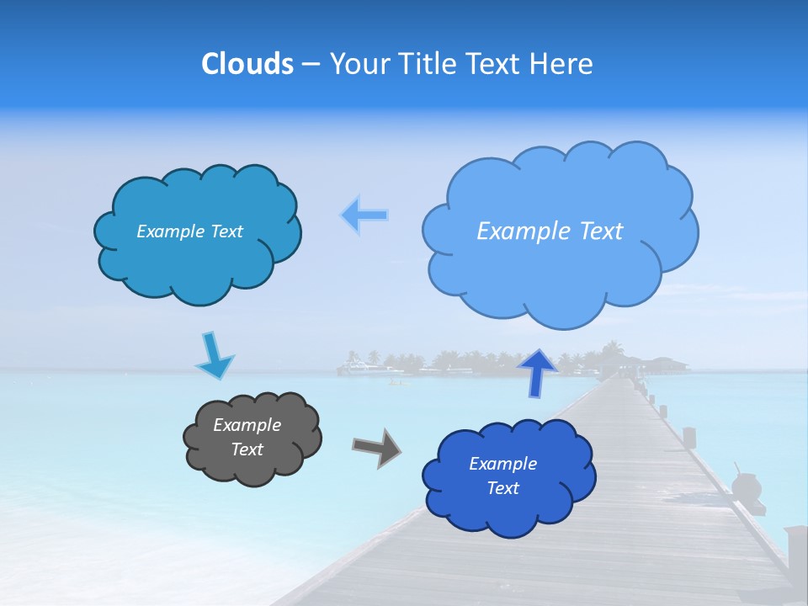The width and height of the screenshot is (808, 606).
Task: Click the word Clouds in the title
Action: coord(247,64)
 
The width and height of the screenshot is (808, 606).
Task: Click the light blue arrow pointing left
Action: coord(364,215)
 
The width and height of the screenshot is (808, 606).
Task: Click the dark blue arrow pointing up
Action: coord(538,372)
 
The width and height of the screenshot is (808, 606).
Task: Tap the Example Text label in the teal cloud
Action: coord(189,231)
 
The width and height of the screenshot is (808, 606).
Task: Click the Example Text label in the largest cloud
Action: coord(550,231)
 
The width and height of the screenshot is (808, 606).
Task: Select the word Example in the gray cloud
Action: coord(247,425)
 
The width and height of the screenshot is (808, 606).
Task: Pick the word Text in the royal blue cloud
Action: coord(502,488)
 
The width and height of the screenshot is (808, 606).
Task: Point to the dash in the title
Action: coord(310,65)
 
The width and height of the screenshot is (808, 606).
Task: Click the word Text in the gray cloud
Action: coord(247,449)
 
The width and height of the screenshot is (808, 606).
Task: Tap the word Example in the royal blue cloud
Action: coord(502,464)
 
